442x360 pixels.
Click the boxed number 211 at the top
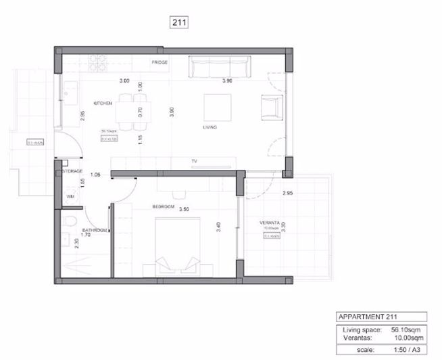coord(178,22)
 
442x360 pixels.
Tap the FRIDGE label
coord(159,63)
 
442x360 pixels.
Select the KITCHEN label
coord(103,103)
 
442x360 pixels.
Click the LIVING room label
coord(209,127)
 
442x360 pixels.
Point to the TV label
coord(193,161)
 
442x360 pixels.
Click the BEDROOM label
coord(164,206)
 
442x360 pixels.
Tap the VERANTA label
coord(270,223)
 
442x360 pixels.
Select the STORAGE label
coord(72,172)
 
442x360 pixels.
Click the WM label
coord(70,196)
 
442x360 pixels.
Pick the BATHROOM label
coord(95,231)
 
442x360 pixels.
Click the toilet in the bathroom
coord(68,223)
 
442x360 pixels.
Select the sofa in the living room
coord(218,68)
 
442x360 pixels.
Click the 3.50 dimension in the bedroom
coord(183,209)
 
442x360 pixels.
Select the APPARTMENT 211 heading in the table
coord(368,317)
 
